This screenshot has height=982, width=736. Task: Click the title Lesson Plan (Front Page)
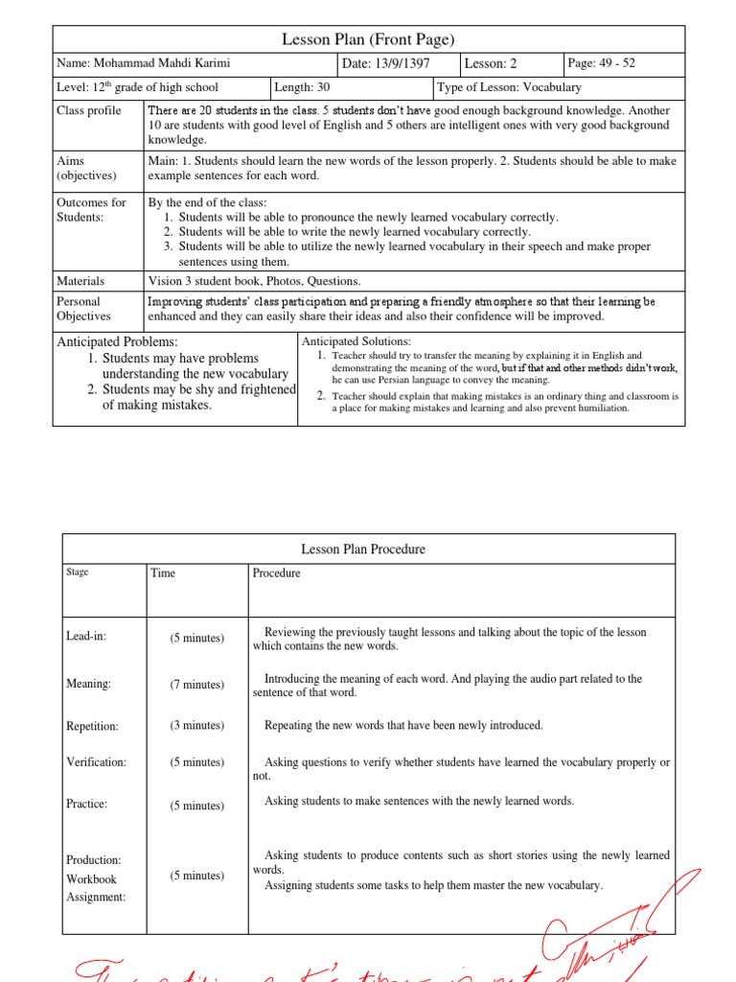click(x=368, y=39)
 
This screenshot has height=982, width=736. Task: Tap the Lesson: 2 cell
click(x=491, y=64)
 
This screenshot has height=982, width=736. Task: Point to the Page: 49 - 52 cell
click(x=601, y=64)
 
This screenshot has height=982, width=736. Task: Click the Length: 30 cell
click(x=302, y=87)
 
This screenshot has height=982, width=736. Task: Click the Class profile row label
click(x=89, y=111)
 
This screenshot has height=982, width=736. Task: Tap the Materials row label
click(x=81, y=281)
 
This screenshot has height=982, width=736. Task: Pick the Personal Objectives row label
click(x=84, y=309)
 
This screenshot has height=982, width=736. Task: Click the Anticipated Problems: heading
click(x=118, y=341)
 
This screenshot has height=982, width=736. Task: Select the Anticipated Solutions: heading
click(x=356, y=341)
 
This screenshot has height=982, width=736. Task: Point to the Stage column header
click(x=78, y=573)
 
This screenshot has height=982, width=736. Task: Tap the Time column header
click(x=163, y=573)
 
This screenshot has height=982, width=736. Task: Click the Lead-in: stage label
click(x=87, y=636)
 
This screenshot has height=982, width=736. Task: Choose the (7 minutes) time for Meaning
click(x=197, y=685)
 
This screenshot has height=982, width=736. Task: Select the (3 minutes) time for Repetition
click(x=197, y=726)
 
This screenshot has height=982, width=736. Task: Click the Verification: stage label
click(x=97, y=762)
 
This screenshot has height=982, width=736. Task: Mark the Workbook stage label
click(x=91, y=879)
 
